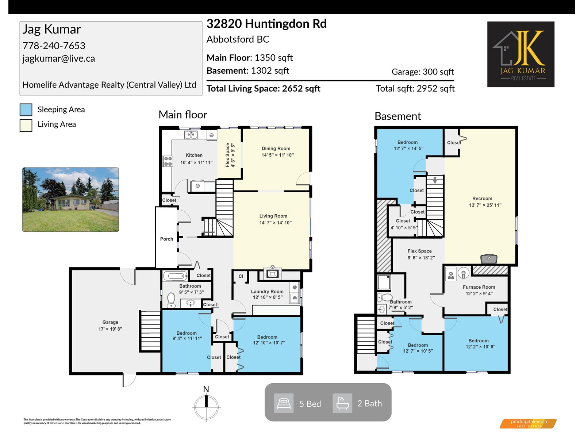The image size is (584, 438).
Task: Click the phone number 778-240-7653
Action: coord(54,46)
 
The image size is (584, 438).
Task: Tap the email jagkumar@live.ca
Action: coord(58,58)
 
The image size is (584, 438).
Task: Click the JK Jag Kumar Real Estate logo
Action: coord(521,54)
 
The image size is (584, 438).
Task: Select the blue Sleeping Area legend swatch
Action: coord(26,109)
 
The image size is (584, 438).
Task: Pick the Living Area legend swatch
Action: coord(26,125)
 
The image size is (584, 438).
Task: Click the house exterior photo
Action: coord(70,199)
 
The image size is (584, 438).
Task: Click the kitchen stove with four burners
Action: coord(168,161)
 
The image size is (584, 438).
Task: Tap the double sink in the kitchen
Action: coord(191,135)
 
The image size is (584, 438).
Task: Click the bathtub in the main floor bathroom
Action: coord(175,276)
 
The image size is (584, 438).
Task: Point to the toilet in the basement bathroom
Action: coord(384,297)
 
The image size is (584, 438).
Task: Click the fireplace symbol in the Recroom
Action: coord(489,258)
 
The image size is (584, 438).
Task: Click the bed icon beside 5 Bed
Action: coord(284,403)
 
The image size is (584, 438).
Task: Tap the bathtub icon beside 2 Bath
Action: coord(342,403)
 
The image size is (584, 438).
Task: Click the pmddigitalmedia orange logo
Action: coord(528,423)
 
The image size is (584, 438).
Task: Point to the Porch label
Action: coord(166,239)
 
